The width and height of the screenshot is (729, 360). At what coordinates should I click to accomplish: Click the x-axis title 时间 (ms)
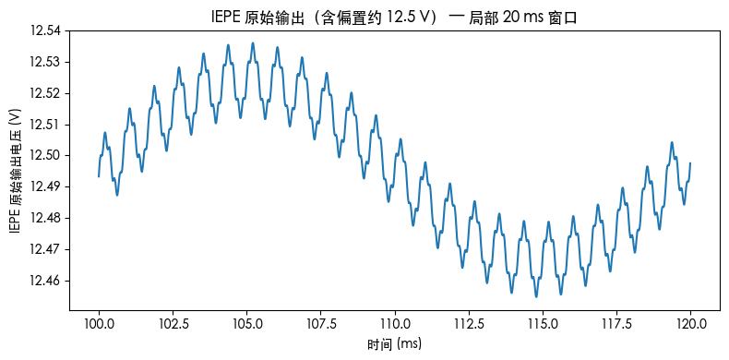pos(394,343)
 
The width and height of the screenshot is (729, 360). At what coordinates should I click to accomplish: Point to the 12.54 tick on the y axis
pos(45,30)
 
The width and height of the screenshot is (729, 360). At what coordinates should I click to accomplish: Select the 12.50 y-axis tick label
pos(45,155)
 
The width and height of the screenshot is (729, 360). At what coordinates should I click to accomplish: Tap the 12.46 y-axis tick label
pos(45,280)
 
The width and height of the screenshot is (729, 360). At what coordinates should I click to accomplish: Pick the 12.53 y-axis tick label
pos(45,62)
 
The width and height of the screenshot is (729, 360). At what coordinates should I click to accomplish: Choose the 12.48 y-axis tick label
pos(45,218)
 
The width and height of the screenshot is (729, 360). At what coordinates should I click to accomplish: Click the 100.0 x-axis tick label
pos(99,324)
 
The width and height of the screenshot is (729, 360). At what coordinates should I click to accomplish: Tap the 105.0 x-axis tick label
pos(247,324)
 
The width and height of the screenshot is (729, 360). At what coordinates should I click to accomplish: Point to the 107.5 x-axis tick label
pos(321,324)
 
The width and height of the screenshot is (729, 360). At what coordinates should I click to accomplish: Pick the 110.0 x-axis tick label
pos(395,324)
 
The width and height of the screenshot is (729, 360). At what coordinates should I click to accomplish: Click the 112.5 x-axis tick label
pos(469,324)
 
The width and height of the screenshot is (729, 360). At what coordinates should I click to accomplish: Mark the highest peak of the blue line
pos(252,42)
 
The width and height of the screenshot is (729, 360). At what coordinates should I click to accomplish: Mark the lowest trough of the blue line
pos(536,296)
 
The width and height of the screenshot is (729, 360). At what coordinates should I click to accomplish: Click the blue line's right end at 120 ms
pos(690,163)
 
